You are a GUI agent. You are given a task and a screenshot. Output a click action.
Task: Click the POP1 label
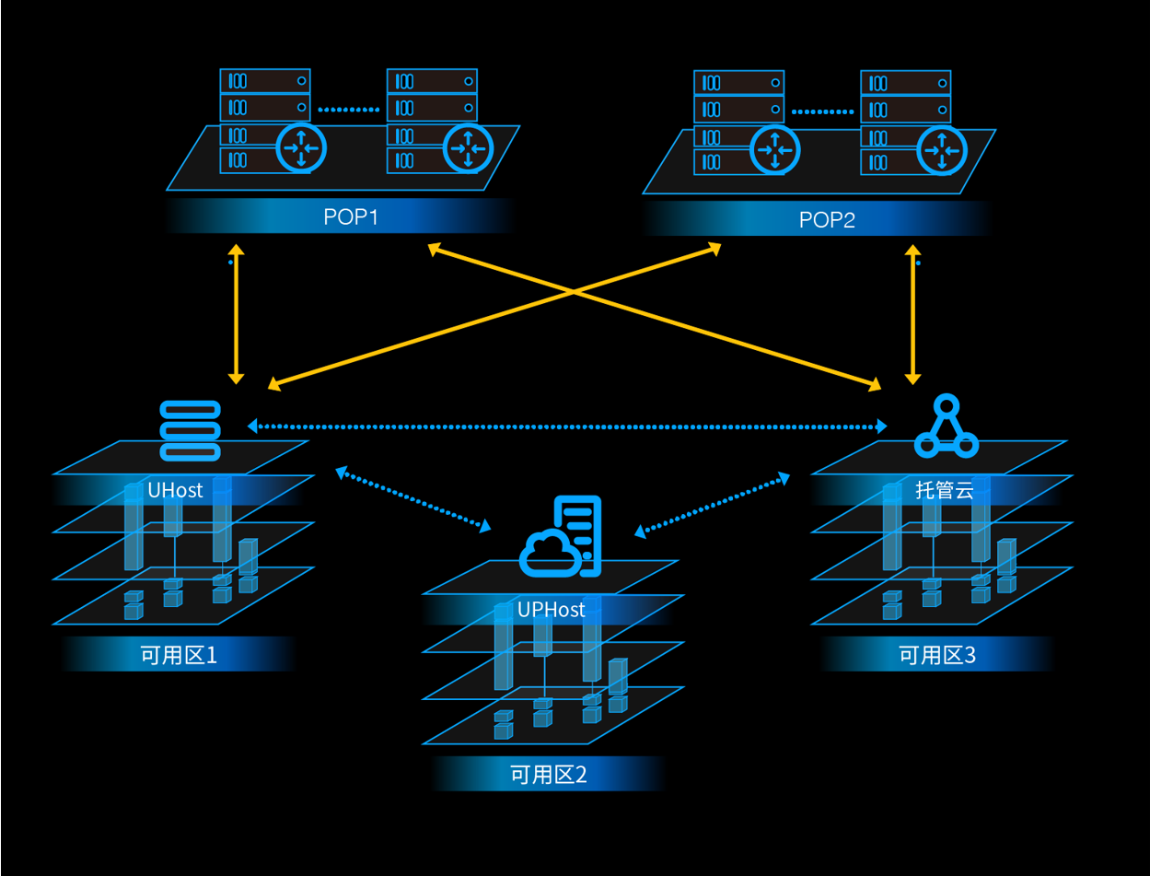click(x=351, y=216)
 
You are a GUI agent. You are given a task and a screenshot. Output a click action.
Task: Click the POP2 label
click(x=827, y=219)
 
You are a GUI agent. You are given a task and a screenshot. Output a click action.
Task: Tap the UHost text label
click(x=175, y=490)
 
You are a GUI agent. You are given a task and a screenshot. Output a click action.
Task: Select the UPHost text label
click(x=551, y=610)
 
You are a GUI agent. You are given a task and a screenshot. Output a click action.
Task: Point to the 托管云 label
click(x=944, y=490)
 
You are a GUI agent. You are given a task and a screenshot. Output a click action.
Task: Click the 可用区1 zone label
click(x=179, y=655)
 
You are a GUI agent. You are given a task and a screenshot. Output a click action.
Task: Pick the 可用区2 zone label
click(x=549, y=775)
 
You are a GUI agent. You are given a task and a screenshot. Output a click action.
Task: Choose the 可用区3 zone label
click(x=937, y=655)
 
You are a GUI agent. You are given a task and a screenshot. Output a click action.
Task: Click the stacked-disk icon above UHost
click(x=190, y=431)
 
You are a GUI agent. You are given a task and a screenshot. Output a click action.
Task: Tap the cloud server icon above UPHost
click(x=561, y=536)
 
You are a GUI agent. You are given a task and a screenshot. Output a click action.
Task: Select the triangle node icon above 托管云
click(x=947, y=426)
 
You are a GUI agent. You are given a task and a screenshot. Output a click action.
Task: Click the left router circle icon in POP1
click(x=301, y=148)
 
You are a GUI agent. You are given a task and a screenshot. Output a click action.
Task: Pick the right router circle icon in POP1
click(x=468, y=149)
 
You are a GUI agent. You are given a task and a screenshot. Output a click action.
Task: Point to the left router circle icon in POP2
click(x=775, y=150)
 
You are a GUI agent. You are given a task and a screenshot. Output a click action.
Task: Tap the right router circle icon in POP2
click(x=942, y=150)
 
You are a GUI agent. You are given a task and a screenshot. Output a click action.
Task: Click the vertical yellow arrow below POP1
click(x=237, y=314)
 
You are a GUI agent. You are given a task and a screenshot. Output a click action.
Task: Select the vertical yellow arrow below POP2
click(x=913, y=314)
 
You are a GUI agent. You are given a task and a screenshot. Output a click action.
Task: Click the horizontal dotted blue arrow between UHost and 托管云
click(x=567, y=426)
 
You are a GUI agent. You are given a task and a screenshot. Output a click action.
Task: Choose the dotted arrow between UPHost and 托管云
click(x=712, y=505)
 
